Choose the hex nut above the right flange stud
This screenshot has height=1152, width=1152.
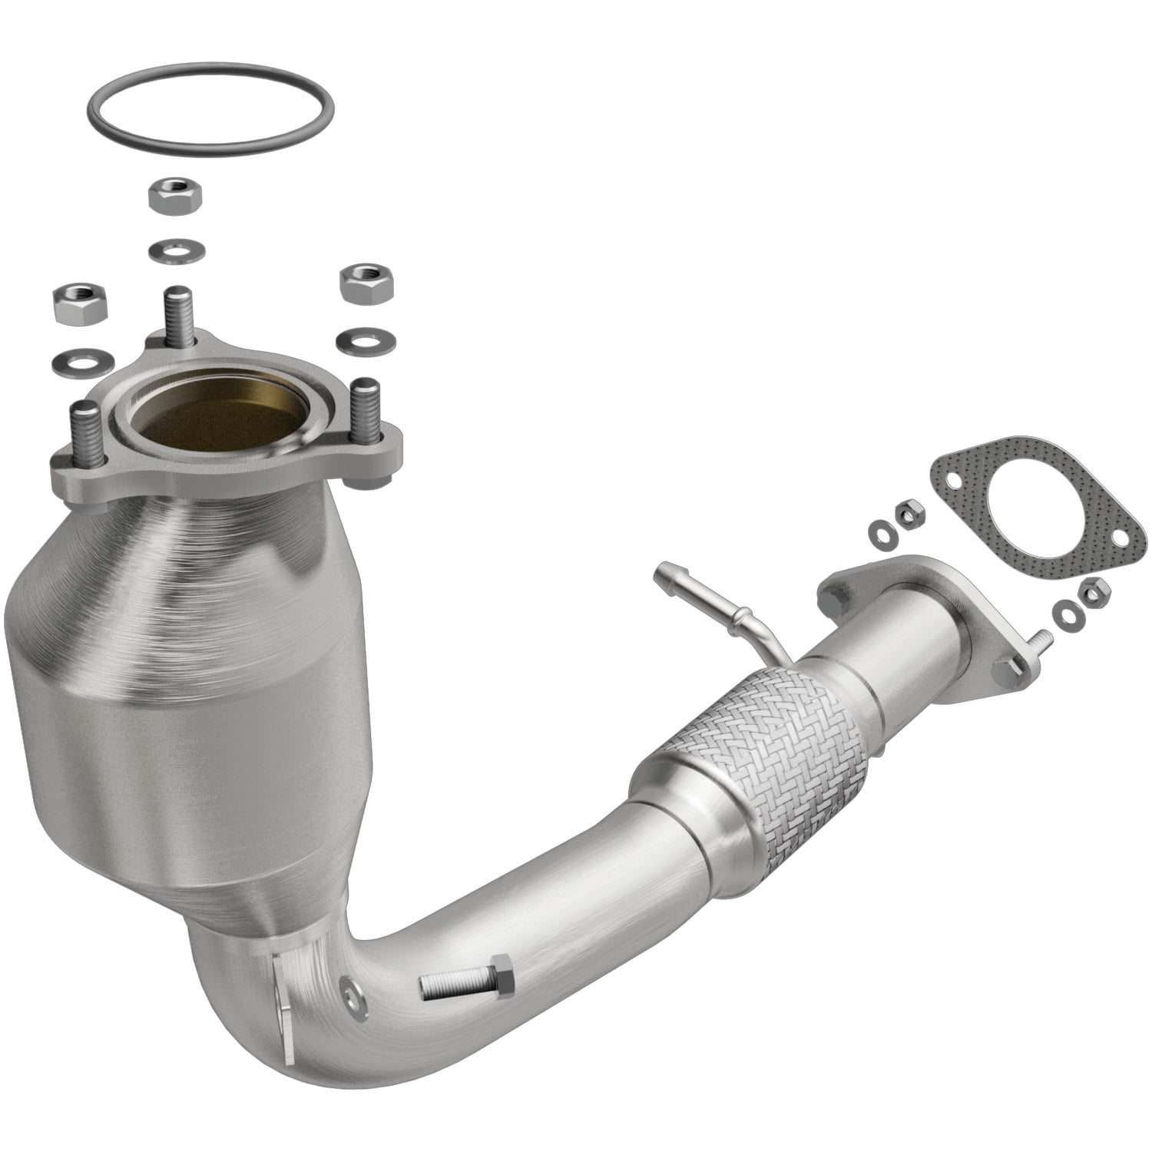pyautogui.click(x=365, y=283)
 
